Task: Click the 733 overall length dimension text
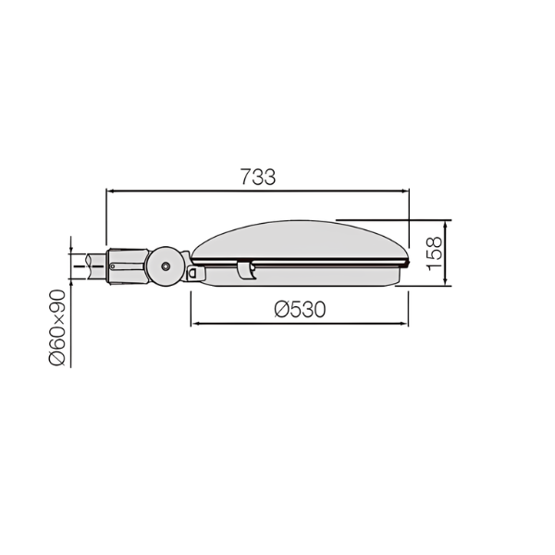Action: click(x=258, y=177)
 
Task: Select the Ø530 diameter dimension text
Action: click(x=300, y=309)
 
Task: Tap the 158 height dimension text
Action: click(x=435, y=253)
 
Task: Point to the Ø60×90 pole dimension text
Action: click(x=57, y=327)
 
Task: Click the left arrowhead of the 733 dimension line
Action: click(x=109, y=191)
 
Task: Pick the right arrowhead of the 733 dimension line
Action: click(x=406, y=191)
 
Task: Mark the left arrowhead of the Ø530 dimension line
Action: click(x=194, y=324)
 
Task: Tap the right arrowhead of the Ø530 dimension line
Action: click(x=404, y=324)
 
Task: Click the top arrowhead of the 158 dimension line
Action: click(x=445, y=224)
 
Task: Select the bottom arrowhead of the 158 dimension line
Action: click(x=445, y=282)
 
